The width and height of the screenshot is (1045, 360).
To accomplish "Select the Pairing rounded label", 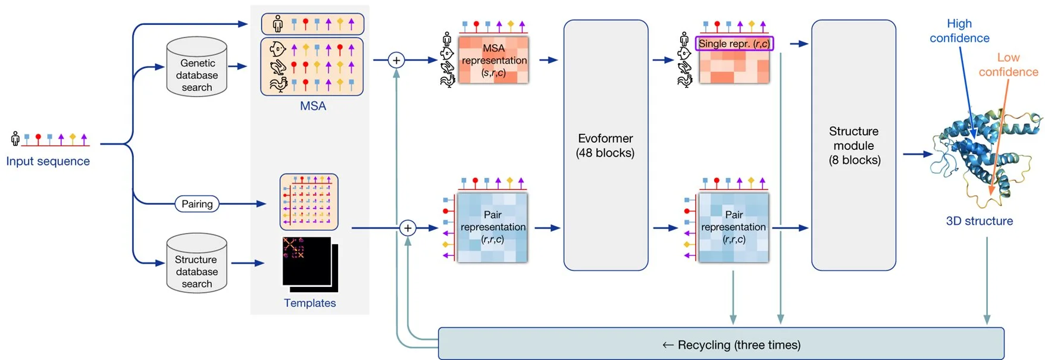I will pos(197,204).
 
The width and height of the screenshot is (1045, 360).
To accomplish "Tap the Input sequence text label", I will pos(48,161).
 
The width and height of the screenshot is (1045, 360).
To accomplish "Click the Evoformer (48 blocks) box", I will pos(605,146).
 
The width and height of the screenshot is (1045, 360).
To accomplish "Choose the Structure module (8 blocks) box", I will pos(853,146).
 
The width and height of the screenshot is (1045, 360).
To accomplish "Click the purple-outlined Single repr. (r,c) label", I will pos(734,43).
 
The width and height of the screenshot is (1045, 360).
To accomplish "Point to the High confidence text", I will pos(959,31).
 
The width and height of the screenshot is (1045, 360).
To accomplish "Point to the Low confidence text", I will pos(1008,65).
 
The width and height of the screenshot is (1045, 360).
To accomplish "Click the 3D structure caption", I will pos(979,221).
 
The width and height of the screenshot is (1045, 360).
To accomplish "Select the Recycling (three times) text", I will pos(731,345).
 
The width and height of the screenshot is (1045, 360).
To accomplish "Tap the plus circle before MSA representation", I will pos(396,60).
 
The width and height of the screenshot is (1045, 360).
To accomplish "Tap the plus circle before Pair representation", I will pos(408,228).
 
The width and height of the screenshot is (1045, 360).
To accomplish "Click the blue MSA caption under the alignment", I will pos(313,106).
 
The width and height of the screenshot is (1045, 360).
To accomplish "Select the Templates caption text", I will pos(309,303).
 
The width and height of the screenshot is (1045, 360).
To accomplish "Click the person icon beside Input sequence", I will pos(15,139).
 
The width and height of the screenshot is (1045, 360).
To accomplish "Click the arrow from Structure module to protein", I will pos(917,154).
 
